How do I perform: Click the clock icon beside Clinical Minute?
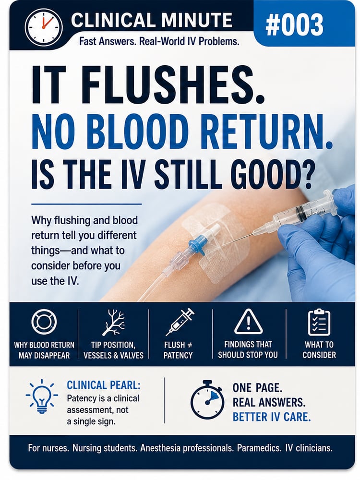44,26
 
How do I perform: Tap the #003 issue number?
294,25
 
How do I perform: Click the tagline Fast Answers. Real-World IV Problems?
159,41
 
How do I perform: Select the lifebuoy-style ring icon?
44,322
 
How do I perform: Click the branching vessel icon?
113,323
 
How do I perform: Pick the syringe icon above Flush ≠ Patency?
180,322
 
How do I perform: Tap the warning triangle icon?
248,322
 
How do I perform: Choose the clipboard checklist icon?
319,323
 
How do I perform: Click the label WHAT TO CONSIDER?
319,349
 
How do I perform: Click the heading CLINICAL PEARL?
104,385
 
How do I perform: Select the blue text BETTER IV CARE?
272,417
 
